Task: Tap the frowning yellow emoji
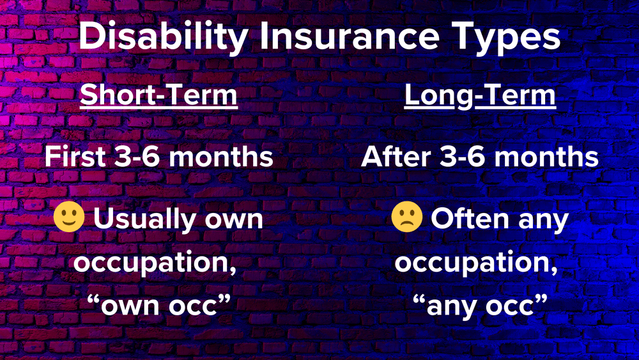[407, 219]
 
